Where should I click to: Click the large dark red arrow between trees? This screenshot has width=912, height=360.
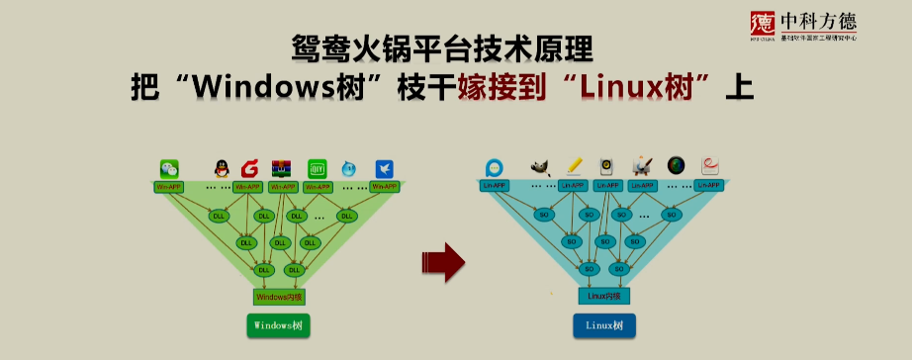[442, 261]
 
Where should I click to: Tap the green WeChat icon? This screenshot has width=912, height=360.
[170, 169]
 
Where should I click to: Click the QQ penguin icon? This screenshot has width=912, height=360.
[221, 169]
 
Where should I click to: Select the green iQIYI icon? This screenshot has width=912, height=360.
[317, 169]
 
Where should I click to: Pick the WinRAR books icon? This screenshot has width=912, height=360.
[283, 169]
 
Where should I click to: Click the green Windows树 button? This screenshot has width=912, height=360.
[279, 325]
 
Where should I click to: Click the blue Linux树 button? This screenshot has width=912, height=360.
[604, 325]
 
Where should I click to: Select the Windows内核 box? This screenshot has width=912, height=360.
[280, 296]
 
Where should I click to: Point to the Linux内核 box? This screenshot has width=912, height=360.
[603, 296]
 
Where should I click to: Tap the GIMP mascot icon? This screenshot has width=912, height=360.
[540, 168]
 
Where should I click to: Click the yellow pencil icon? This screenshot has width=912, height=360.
[574, 167]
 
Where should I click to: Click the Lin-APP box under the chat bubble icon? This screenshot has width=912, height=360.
[495, 185]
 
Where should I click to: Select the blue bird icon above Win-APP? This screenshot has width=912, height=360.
[384, 169]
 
